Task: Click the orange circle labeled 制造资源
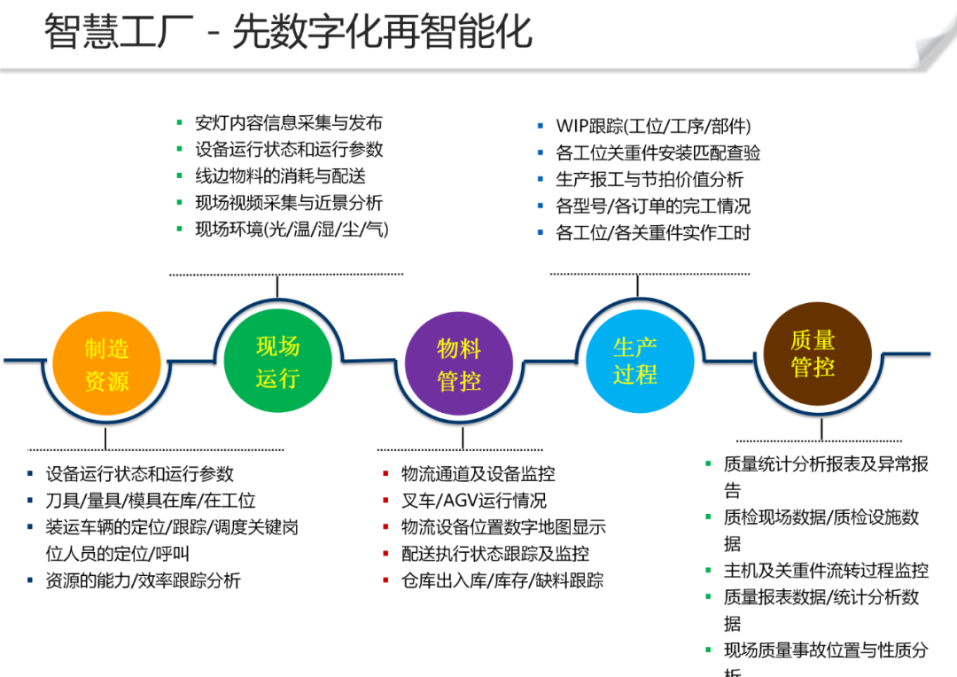pos(106,364)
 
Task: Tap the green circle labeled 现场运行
pos(277,362)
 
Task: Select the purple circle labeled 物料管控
pos(459,364)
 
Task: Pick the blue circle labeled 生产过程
pos(634,362)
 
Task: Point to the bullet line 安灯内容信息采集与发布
pos(289,123)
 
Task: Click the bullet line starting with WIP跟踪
pos(653,127)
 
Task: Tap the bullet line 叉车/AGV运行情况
pos(473,501)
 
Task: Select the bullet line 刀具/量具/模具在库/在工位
pos(151,501)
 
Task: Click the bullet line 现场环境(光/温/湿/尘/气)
pos(292,230)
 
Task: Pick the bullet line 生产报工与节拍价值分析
pos(649,180)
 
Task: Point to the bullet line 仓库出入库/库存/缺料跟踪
pos(502,580)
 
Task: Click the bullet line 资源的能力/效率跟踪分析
pos(143,580)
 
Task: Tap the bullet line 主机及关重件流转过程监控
pos(826,571)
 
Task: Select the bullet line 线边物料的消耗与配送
pos(280,176)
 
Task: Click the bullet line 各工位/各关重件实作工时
pos(653,233)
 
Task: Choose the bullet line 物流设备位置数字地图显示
pos(503,527)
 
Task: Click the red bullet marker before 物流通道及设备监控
pos(385,474)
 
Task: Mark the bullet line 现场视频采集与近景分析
pos(289,203)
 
